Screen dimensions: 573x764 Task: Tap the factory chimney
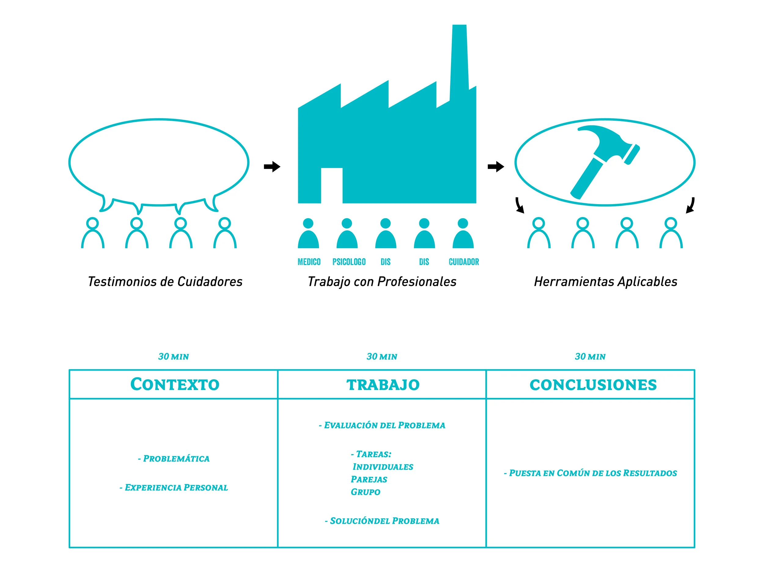[x=459, y=59]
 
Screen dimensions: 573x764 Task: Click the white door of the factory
[x=332, y=185]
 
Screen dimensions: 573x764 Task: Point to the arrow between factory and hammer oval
[x=496, y=167]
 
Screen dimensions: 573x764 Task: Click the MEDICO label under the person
[x=309, y=262]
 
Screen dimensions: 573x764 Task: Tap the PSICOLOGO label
[x=349, y=262]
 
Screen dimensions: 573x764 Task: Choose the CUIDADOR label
[x=464, y=262]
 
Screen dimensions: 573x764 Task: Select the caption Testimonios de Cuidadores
[x=165, y=281]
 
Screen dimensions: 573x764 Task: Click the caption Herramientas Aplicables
[x=605, y=281]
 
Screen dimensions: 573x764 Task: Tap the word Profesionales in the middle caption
[x=417, y=281]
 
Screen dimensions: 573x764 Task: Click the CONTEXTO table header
[x=175, y=384]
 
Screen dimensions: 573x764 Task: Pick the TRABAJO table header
[x=383, y=385]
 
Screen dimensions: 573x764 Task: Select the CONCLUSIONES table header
[x=593, y=385]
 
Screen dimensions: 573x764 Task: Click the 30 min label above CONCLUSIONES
[x=590, y=356]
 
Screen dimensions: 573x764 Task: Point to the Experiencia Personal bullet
[x=174, y=487]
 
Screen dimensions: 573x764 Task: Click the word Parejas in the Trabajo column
[x=369, y=479]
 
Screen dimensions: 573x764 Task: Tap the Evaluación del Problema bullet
[x=382, y=425]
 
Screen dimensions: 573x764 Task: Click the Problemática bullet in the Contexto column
[x=174, y=458]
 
